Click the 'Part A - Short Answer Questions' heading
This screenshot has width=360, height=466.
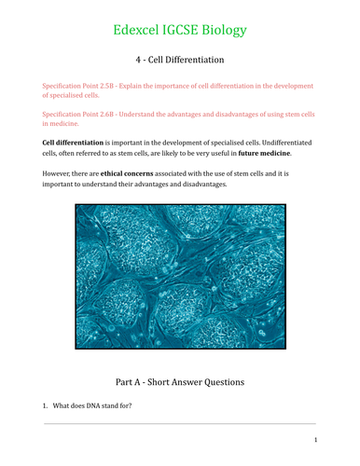point(179,380)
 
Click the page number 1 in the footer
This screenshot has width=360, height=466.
point(315,440)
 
